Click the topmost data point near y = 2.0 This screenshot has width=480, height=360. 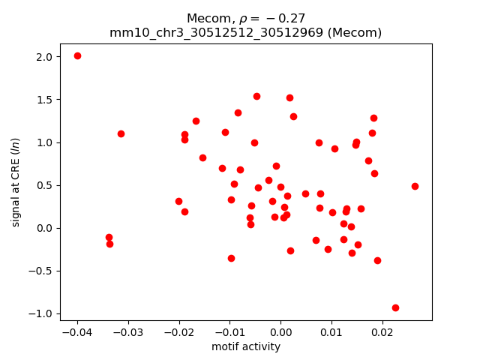77,56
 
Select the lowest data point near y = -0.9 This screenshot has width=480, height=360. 395,307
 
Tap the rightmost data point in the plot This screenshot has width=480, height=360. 415,186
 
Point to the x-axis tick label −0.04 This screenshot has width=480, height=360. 77,332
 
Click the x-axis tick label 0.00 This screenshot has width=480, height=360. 280,332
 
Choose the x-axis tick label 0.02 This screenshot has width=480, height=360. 382,332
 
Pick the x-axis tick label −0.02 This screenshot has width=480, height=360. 178,332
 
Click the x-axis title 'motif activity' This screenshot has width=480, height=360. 246,346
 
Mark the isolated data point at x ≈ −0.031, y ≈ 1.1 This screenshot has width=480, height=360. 121,133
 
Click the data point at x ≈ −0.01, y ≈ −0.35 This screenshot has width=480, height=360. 231,258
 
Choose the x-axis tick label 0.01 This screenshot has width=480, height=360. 331,332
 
